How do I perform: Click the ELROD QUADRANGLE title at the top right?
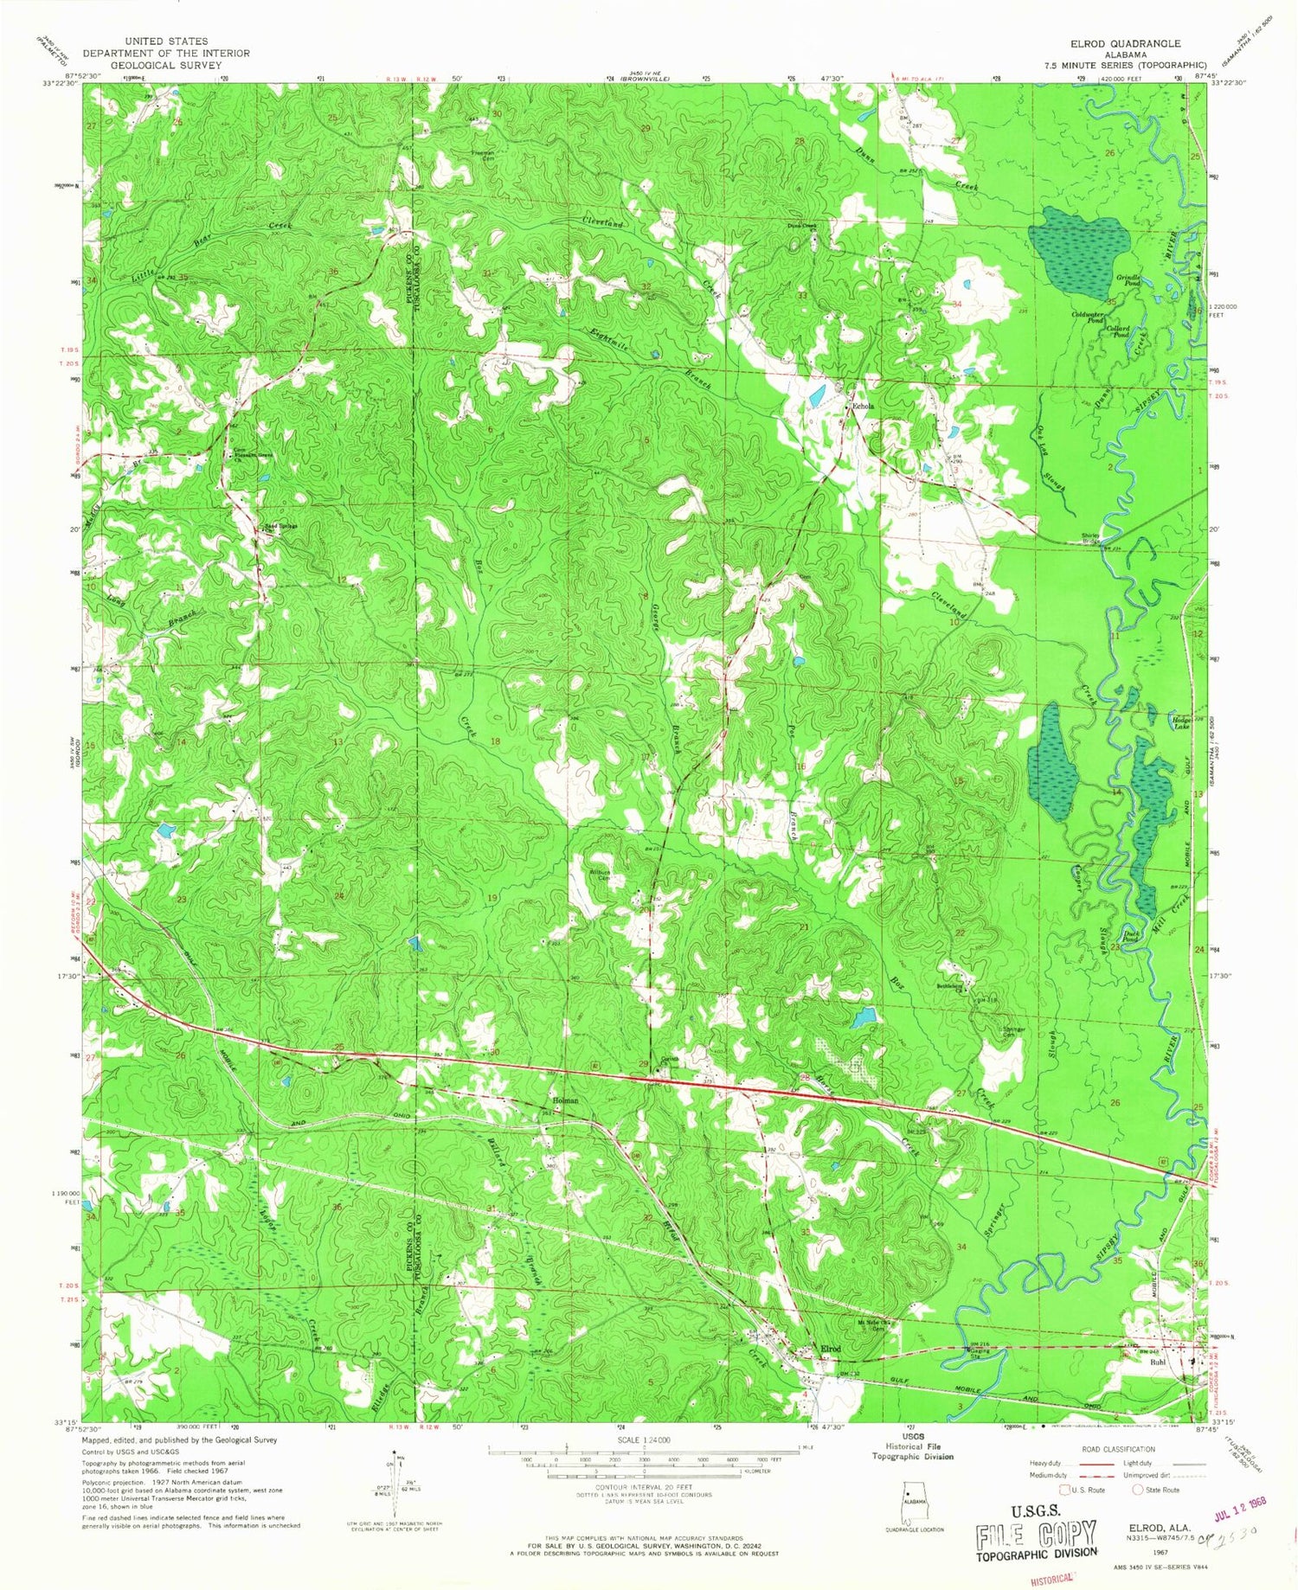(x=1125, y=42)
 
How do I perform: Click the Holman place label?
(x=565, y=1100)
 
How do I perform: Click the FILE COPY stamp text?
(x=1036, y=1536)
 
